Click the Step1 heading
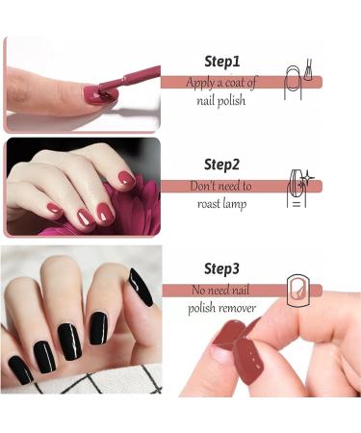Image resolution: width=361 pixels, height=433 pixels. click(x=222, y=62)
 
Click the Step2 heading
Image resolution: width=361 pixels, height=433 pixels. click(x=221, y=165)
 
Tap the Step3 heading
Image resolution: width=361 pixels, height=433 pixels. click(x=221, y=268)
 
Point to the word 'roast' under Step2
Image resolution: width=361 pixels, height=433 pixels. click(x=209, y=204)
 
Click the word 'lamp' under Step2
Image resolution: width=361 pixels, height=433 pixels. click(x=235, y=205)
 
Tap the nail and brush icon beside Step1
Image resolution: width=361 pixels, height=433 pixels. click(x=297, y=80)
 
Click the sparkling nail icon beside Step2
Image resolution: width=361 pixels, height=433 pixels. click(x=299, y=189)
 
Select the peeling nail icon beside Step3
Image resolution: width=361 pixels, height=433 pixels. click(x=298, y=291)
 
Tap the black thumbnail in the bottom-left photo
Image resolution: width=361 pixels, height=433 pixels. click(x=141, y=288)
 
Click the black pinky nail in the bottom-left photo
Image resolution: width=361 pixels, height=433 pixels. click(x=20, y=369)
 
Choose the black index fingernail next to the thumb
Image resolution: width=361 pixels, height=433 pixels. click(x=98, y=328)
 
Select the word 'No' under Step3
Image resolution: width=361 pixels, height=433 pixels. click(x=198, y=291)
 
